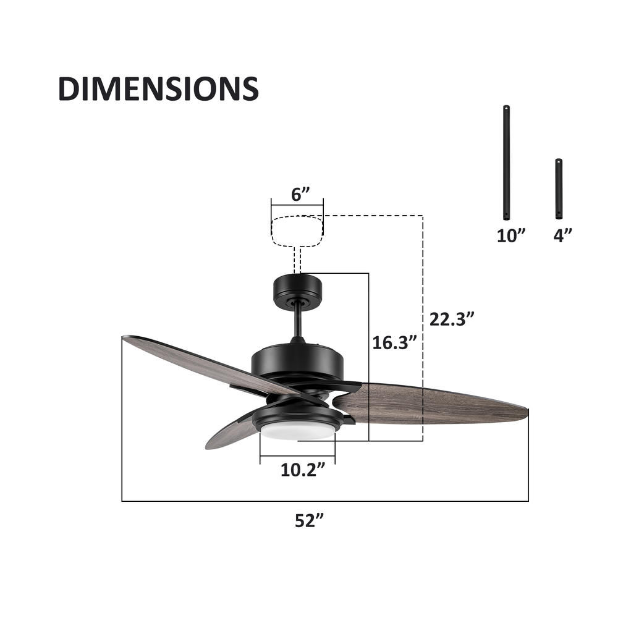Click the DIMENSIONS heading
158,88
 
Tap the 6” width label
301,195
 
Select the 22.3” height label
451,319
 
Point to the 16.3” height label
395,342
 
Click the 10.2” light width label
303,470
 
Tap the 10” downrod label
511,235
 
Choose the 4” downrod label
562,235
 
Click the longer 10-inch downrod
507,163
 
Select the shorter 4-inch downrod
559,188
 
